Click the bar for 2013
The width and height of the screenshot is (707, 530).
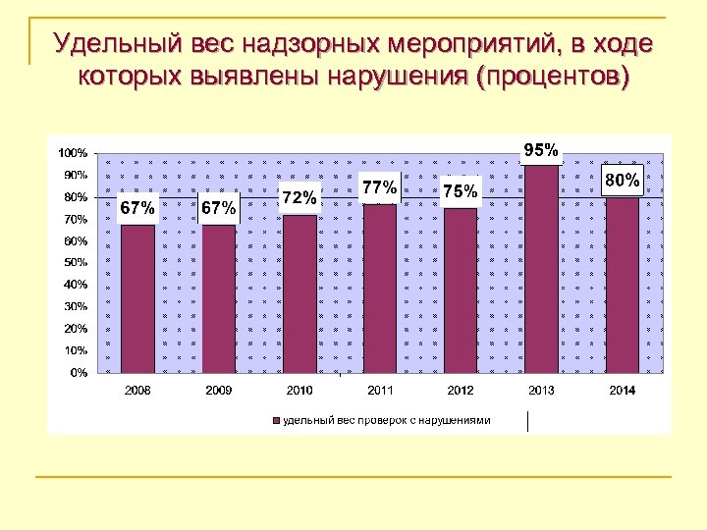(541, 269)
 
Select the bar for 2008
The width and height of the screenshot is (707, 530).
(137, 298)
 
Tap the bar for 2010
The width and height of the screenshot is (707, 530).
(299, 293)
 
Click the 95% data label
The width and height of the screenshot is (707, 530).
(541, 150)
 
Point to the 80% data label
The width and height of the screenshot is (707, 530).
(622, 181)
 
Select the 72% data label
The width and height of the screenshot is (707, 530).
(299, 198)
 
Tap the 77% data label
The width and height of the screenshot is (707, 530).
(379, 186)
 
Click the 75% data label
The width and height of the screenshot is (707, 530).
(461, 190)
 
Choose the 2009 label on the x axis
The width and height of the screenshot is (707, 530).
(218, 391)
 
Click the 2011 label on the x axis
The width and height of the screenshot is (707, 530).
(380, 391)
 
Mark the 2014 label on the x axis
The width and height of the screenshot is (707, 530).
(622, 391)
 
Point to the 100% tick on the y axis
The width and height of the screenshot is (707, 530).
(72, 153)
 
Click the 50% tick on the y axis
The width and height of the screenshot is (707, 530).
(75, 263)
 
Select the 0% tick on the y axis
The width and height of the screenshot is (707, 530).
(78, 373)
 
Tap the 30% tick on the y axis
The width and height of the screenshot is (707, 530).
(75, 307)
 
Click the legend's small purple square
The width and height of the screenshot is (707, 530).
(276, 421)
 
